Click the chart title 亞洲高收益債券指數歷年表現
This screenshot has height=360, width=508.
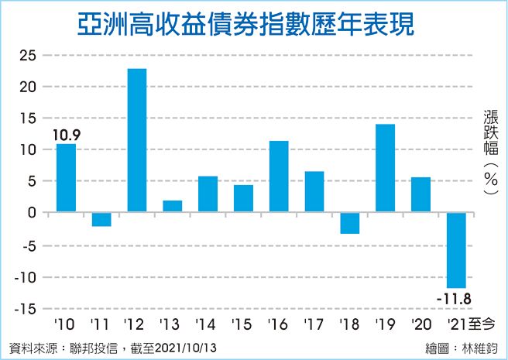[x=246, y=25]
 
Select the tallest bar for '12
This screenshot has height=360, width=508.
[x=136, y=140]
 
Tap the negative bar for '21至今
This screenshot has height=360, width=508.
[x=456, y=250]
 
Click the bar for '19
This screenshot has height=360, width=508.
[x=385, y=168]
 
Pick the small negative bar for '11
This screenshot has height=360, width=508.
[x=101, y=219]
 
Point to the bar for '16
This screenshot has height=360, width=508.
[x=279, y=177]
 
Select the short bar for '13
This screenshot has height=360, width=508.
[x=172, y=206]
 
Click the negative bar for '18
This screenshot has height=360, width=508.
[x=350, y=223]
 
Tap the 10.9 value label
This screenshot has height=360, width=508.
[x=66, y=135]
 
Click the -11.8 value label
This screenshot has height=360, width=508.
[x=455, y=298]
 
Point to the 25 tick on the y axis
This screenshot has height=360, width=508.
[x=27, y=55]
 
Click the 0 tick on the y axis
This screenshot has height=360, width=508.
[x=32, y=212]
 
